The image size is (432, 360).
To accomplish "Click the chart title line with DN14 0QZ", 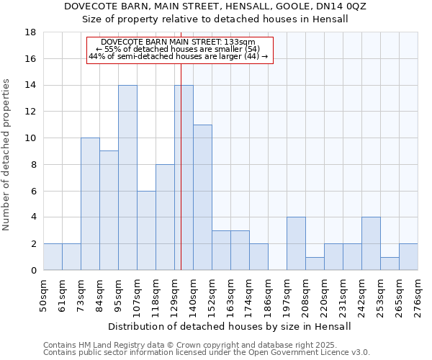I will (215, 6).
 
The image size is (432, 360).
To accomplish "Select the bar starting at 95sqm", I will (127, 178).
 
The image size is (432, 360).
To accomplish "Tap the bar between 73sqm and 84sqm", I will (90, 204).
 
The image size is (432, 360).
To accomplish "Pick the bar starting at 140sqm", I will (202, 197).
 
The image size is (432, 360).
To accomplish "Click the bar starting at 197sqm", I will (296, 243).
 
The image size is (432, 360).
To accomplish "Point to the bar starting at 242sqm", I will (371, 243).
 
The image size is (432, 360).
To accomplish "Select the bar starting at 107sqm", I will (146, 230).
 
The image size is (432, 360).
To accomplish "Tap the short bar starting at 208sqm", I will (315, 264).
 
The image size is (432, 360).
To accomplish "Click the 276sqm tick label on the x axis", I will (418, 295).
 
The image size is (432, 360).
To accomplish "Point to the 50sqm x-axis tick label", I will (44, 295).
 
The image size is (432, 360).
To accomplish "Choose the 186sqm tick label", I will (269, 295).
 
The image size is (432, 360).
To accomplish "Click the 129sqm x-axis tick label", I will (175, 295).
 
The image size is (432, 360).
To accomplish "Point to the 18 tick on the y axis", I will (31, 32).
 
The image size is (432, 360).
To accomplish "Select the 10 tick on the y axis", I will (31, 138).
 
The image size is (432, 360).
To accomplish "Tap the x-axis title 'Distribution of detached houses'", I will (230, 326).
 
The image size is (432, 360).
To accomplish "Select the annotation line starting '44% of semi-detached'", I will (179, 56).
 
